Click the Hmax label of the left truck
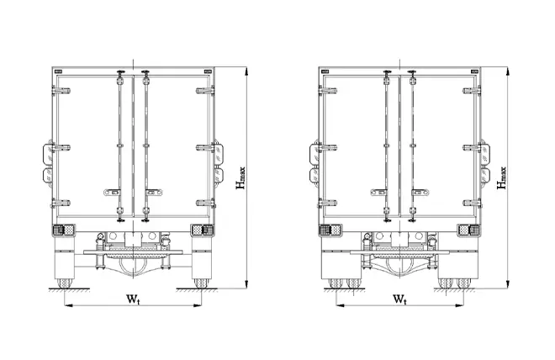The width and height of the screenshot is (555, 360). (x=240, y=177)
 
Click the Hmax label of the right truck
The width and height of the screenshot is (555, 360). (x=501, y=177)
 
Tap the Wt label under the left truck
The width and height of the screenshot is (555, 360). (x=133, y=299)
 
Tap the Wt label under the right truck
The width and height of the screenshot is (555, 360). (x=399, y=299)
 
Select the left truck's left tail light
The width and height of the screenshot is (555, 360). (x=64, y=230)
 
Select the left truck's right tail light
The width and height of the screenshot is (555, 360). (x=202, y=230)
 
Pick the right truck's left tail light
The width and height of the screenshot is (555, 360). (x=330, y=230)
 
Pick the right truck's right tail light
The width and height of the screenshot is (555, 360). (x=469, y=230)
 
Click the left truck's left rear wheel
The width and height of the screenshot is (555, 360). (x=65, y=283)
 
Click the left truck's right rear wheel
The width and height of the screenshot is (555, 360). (x=201, y=283)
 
